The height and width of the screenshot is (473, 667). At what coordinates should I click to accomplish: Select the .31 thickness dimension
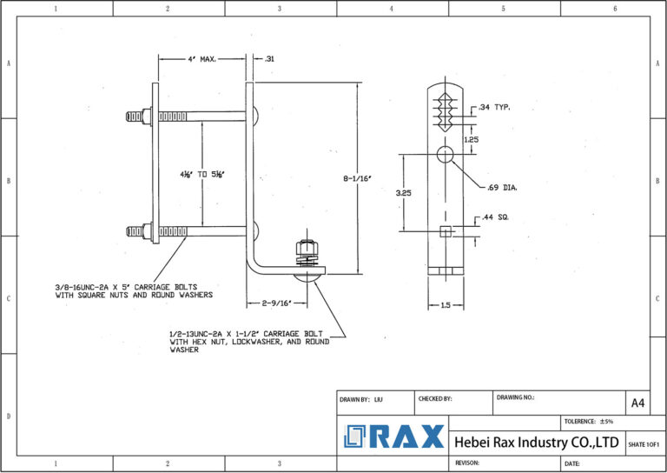pos(269,59)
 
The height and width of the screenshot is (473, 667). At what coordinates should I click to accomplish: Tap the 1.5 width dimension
pos(444,305)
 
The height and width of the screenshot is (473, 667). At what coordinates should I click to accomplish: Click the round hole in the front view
pos(445,156)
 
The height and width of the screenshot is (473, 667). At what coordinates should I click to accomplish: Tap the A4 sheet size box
pos(637,403)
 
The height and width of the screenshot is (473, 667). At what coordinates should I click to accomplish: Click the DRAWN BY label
pos(361,398)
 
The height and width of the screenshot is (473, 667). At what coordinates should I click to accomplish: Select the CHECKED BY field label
pos(435,398)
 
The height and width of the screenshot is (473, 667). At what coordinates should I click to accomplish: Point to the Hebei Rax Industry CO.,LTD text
pos(537,443)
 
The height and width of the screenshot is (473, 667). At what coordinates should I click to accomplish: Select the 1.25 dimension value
pos(470,139)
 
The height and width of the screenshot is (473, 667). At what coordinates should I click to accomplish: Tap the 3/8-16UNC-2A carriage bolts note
pos(132,290)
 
